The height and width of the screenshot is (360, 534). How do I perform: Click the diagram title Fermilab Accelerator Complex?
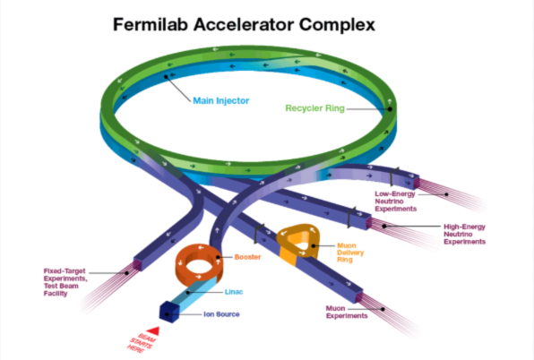point(244,25)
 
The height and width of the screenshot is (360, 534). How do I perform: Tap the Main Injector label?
point(221,100)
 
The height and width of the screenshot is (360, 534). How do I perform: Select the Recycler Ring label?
point(315,108)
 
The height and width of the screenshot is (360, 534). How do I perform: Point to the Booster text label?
point(247,257)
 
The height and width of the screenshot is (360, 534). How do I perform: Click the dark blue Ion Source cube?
point(169,312)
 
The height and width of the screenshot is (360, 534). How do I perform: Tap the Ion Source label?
point(221,314)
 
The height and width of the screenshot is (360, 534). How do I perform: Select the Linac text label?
point(234,292)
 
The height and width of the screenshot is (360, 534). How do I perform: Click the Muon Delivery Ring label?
point(350,253)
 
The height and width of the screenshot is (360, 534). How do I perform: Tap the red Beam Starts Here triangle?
point(153,330)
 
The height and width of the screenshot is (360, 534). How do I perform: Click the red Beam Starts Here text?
point(142,343)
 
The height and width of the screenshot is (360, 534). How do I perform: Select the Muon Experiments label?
point(347,312)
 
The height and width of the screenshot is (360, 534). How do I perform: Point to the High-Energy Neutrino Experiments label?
point(464,234)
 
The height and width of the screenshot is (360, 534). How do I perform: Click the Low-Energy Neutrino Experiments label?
point(395,201)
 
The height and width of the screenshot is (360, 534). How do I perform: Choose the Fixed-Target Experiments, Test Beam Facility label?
point(65,282)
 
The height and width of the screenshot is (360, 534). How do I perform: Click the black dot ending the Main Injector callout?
point(166,77)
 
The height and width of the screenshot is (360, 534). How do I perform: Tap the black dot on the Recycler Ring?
point(390,109)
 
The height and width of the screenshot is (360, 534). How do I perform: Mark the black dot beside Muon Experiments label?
point(383,309)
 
